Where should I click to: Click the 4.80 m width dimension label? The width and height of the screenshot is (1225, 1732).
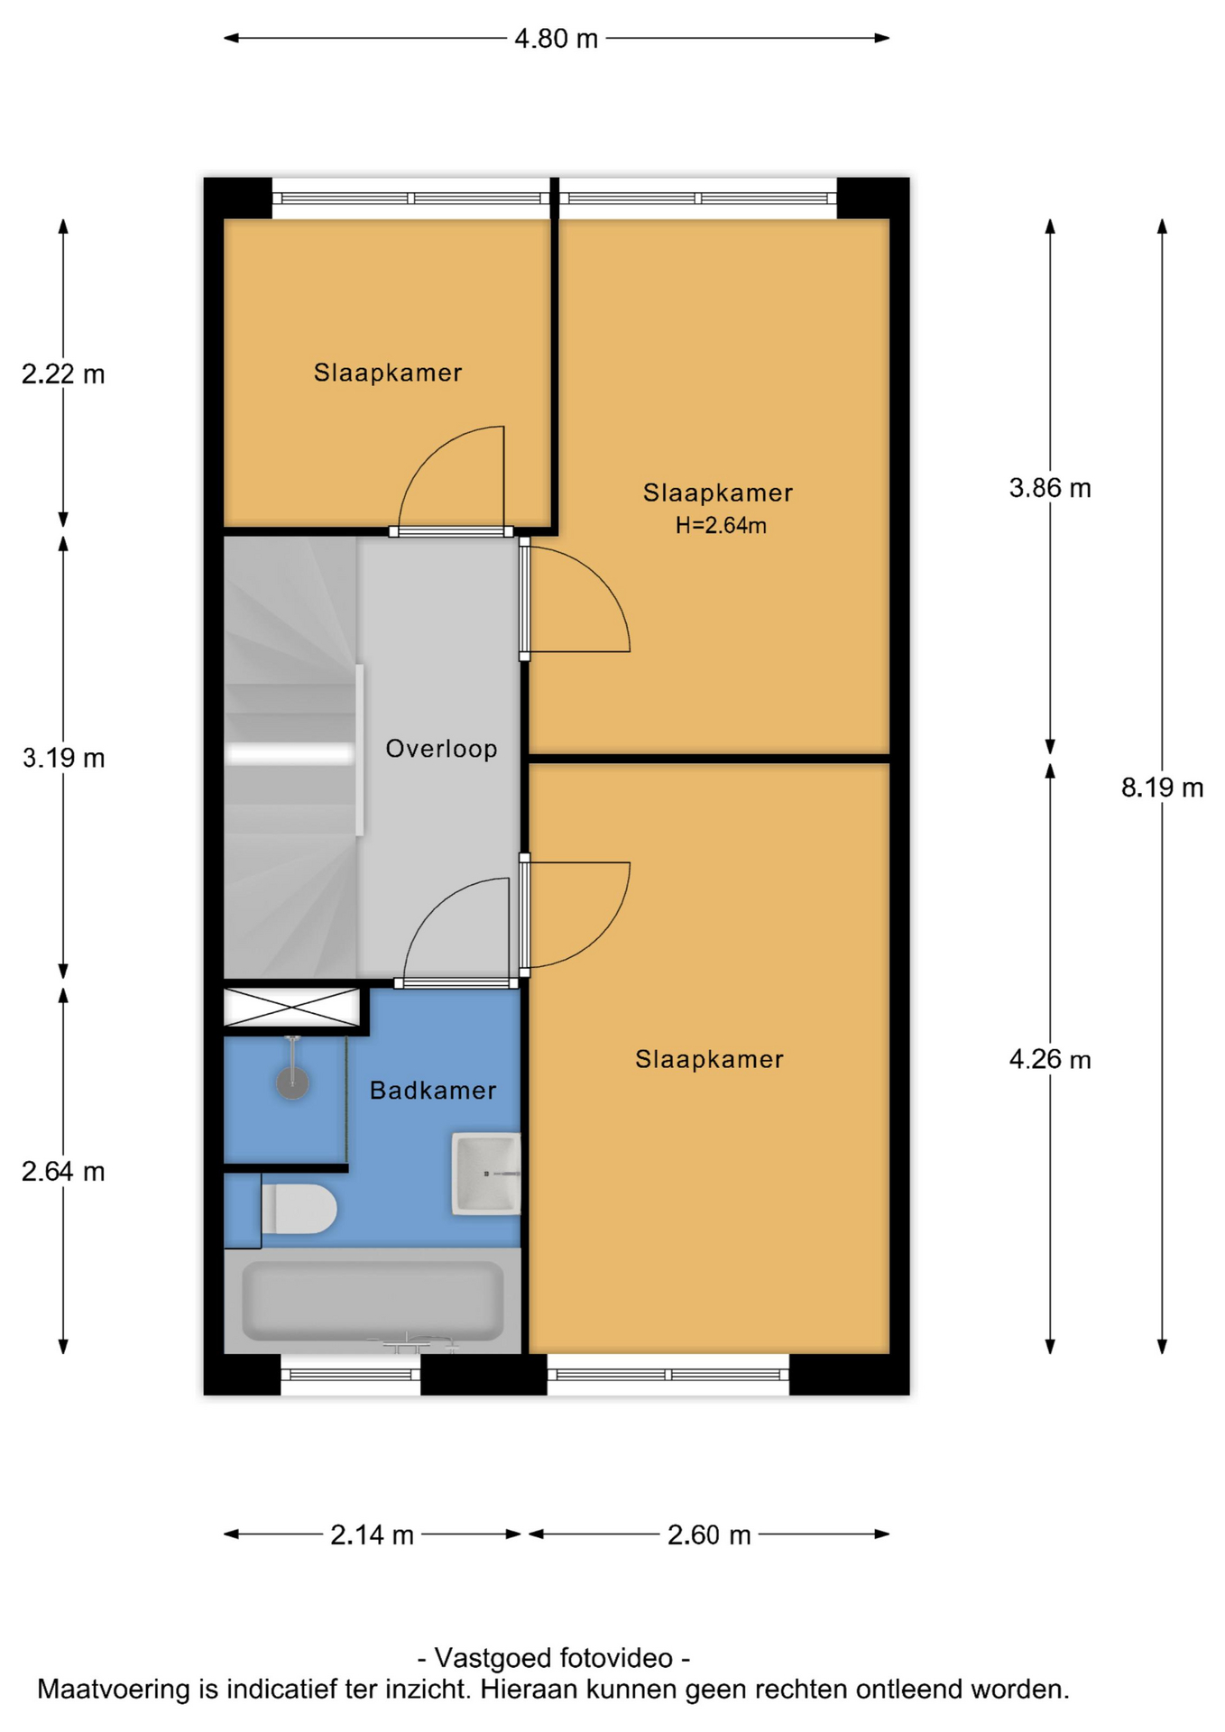click(x=556, y=39)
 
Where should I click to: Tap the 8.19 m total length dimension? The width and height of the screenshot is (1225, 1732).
click(x=1162, y=788)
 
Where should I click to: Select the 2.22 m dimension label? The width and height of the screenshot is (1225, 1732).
click(x=63, y=373)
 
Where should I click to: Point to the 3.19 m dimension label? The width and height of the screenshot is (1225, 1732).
click(x=63, y=758)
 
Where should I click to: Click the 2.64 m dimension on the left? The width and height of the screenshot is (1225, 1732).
click(x=63, y=1171)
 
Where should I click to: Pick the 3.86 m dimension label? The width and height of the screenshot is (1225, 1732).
click(x=1050, y=488)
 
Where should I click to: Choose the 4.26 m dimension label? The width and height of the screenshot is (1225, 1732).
click(x=1050, y=1059)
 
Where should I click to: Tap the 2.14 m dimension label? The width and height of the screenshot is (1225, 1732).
click(x=372, y=1534)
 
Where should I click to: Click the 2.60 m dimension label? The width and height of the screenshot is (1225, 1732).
click(x=709, y=1534)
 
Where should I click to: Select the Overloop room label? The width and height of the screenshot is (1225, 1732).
click(x=441, y=749)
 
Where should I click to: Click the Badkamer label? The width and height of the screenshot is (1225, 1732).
click(x=433, y=1091)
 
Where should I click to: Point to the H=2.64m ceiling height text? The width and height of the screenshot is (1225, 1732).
click(x=721, y=525)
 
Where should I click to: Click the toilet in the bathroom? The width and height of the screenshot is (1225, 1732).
click(x=299, y=1209)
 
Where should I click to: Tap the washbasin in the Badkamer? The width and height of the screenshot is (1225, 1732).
click(x=486, y=1174)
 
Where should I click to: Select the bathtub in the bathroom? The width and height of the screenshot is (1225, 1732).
click(x=373, y=1300)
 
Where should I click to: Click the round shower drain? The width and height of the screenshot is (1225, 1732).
click(x=292, y=1082)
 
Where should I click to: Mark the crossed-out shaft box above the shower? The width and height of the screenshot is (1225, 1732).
click(x=291, y=1007)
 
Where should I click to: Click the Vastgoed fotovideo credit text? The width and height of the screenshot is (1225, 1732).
click(x=554, y=1658)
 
